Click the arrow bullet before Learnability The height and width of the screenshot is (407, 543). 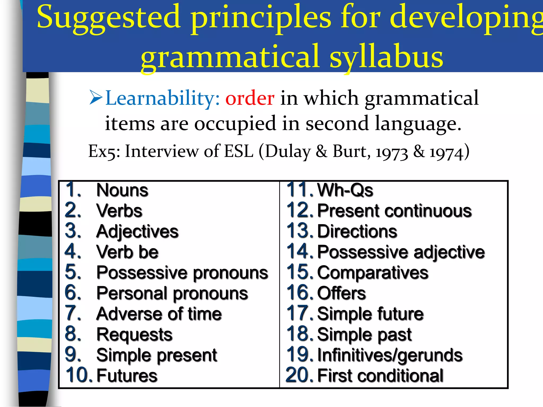96,98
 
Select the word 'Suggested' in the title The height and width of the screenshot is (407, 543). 109,18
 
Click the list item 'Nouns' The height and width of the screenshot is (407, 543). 122,190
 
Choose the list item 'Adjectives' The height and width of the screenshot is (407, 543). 137,232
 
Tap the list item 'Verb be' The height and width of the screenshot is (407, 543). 127,252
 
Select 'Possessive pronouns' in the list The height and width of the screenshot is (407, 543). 182,273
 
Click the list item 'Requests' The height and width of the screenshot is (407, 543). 134,335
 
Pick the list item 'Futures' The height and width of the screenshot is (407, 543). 127,376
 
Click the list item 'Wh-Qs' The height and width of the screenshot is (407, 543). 345,190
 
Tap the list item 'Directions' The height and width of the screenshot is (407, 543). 357,231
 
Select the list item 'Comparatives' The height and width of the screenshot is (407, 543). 373,273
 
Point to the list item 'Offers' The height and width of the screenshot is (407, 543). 341,293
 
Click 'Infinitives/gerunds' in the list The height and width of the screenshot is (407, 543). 390,355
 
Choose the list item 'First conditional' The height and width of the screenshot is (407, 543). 380,376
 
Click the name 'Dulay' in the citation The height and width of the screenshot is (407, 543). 288,152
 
